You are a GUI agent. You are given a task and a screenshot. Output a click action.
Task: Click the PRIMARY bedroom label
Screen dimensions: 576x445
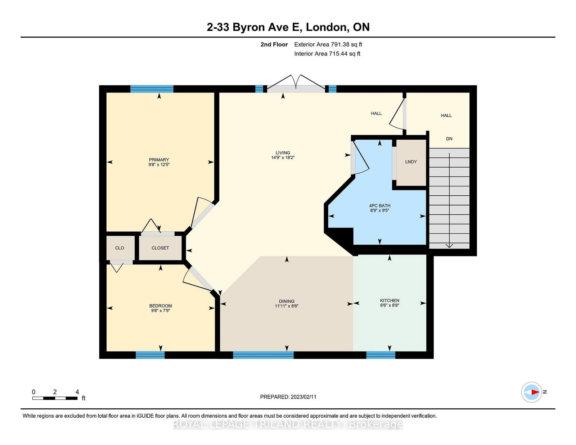(x=159, y=160)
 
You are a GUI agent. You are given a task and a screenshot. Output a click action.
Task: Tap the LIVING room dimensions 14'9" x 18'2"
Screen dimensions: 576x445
(x=283, y=158)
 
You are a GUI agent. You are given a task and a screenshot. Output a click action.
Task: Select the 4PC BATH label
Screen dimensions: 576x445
(x=379, y=205)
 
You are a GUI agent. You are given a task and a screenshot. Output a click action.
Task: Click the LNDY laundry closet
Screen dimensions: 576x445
(x=411, y=162)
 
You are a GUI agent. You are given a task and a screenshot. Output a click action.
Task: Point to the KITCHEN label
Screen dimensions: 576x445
(x=390, y=300)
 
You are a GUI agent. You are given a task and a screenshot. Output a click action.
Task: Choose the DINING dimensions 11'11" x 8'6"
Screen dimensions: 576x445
(x=287, y=306)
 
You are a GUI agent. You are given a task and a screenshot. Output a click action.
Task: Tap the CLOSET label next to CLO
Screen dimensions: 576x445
(x=160, y=248)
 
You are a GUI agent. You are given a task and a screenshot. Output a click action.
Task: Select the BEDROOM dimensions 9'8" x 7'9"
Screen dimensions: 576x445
(x=160, y=310)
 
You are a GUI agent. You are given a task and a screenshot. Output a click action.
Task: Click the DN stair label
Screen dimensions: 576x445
(x=449, y=139)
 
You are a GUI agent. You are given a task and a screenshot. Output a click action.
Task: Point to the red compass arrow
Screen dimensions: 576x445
(x=535, y=392)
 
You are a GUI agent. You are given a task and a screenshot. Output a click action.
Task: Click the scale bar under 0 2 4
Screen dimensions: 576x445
(x=55, y=398)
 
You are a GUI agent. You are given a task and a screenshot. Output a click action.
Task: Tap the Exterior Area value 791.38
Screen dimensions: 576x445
(x=340, y=45)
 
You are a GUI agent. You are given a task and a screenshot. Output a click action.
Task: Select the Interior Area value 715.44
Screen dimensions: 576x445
(x=338, y=54)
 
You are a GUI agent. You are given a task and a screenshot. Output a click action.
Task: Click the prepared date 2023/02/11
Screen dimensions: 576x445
(x=303, y=397)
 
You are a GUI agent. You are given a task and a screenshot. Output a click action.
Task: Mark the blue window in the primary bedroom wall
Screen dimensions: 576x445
(x=152, y=89)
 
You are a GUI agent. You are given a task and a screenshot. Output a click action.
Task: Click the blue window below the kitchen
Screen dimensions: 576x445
(x=381, y=355)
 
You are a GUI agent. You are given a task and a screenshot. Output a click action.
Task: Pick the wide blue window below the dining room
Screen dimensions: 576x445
(x=263, y=355)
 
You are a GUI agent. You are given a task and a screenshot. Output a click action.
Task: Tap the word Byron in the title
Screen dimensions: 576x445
(x=249, y=27)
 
